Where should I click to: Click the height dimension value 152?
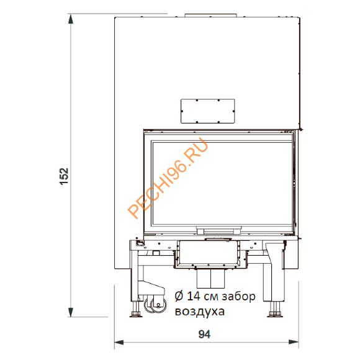click(x=64, y=176)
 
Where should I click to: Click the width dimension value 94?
click(x=204, y=335)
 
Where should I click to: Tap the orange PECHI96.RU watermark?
click(x=168, y=178)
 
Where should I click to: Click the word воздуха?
click(x=199, y=312)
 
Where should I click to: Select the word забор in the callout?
click(x=238, y=296)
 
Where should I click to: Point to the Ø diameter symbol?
click(x=179, y=296)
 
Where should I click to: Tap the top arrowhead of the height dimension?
click(x=71, y=19)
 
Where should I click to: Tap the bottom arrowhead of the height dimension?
click(x=71, y=312)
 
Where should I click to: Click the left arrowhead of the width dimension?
click(x=119, y=343)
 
